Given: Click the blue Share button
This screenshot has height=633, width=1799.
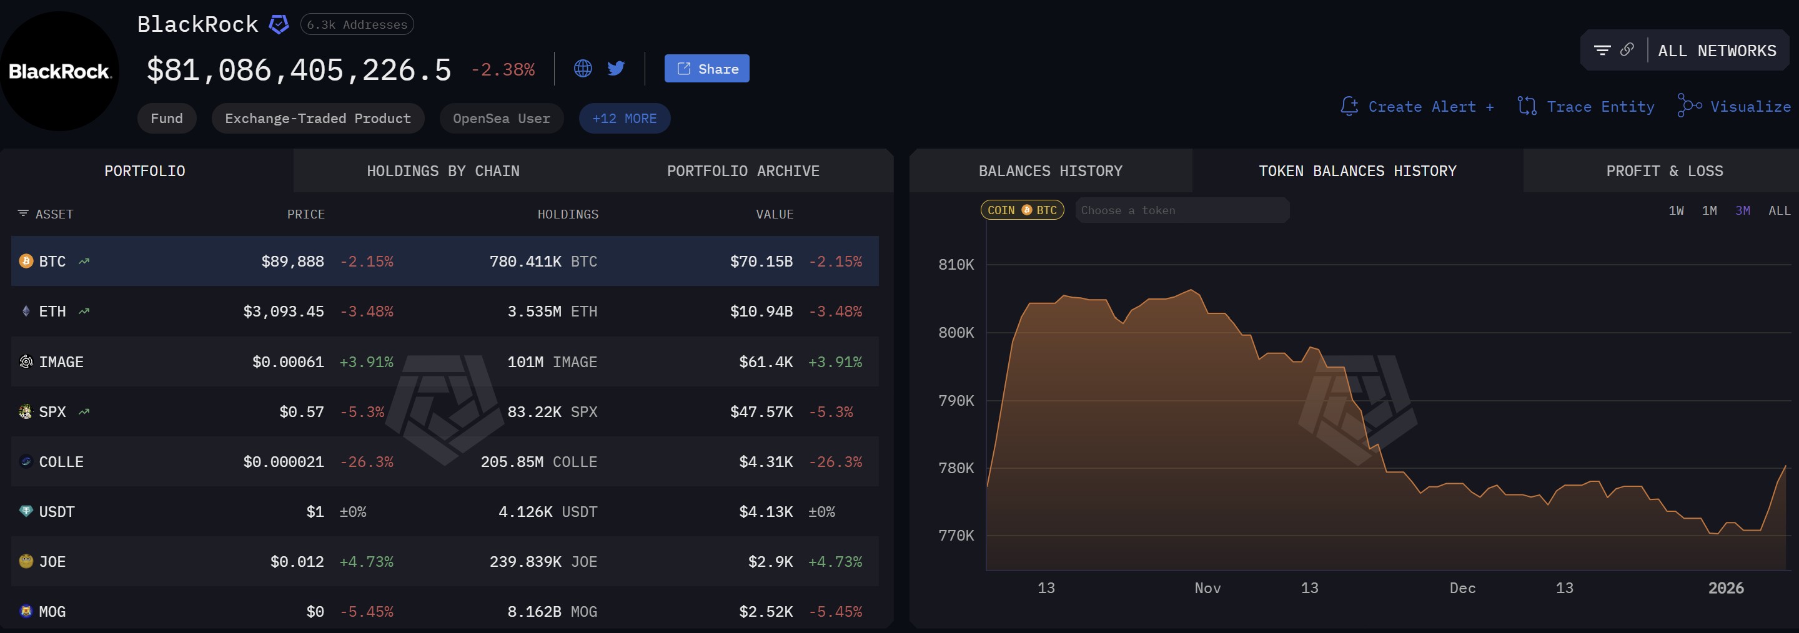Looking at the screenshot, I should (x=706, y=69).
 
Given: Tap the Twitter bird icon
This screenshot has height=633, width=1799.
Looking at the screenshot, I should (x=615, y=69).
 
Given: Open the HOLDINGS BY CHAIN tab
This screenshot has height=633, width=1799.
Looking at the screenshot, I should (x=443, y=171).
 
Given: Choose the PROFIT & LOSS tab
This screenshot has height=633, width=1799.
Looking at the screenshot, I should (x=1663, y=171).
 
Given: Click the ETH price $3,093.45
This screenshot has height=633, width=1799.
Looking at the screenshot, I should (x=283, y=312).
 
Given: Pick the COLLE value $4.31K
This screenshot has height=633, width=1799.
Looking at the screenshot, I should (x=765, y=462).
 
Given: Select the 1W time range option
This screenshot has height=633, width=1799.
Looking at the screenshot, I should (x=1675, y=211).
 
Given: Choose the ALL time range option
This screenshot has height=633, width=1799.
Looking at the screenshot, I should (x=1779, y=211).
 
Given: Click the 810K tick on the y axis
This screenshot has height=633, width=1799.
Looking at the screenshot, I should (x=955, y=265).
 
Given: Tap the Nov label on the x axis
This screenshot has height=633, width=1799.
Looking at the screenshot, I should (x=1207, y=588).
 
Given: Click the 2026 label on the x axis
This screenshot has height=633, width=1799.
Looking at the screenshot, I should (x=1725, y=588).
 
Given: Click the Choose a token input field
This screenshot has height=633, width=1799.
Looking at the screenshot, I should (x=1181, y=211).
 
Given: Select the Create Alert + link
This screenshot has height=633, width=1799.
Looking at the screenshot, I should (x=1418, y=107).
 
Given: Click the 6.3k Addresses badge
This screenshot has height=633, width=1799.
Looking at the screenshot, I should (x=356, y=24).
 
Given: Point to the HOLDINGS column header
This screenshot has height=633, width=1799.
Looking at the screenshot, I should (x=567, y=214).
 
